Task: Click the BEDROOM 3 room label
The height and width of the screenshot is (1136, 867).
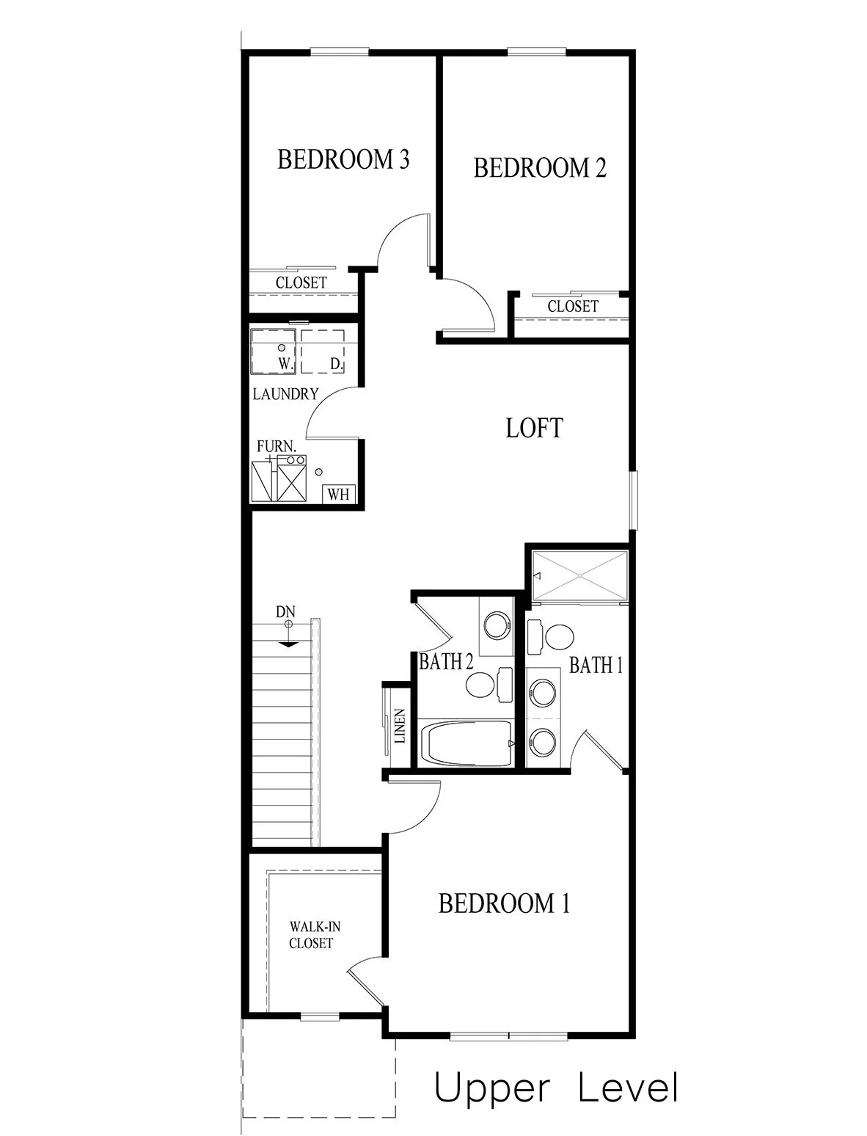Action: [343, 159]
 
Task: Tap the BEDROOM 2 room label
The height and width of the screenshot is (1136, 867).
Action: [540, 168]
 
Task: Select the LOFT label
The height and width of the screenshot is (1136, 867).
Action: [534, 428]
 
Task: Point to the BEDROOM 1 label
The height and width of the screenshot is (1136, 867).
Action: [503, 903]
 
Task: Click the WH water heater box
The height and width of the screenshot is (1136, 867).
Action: [338, 493]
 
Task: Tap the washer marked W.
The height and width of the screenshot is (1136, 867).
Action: [273, 350]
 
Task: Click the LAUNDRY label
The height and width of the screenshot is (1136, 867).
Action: [285, 394]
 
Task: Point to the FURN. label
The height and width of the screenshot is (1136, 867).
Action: [277, 446]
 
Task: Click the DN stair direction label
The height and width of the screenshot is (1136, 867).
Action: [286, 611]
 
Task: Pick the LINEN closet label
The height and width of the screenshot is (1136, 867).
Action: [400, 727]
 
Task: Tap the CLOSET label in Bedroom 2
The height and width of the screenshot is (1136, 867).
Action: [572, 307]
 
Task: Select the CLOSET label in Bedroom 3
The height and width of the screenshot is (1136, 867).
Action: [301, 283]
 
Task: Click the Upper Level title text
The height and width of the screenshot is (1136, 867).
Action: [555, 1088]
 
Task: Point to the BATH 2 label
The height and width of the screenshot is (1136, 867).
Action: [445, 662]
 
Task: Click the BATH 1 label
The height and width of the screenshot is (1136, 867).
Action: [596, 666]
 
